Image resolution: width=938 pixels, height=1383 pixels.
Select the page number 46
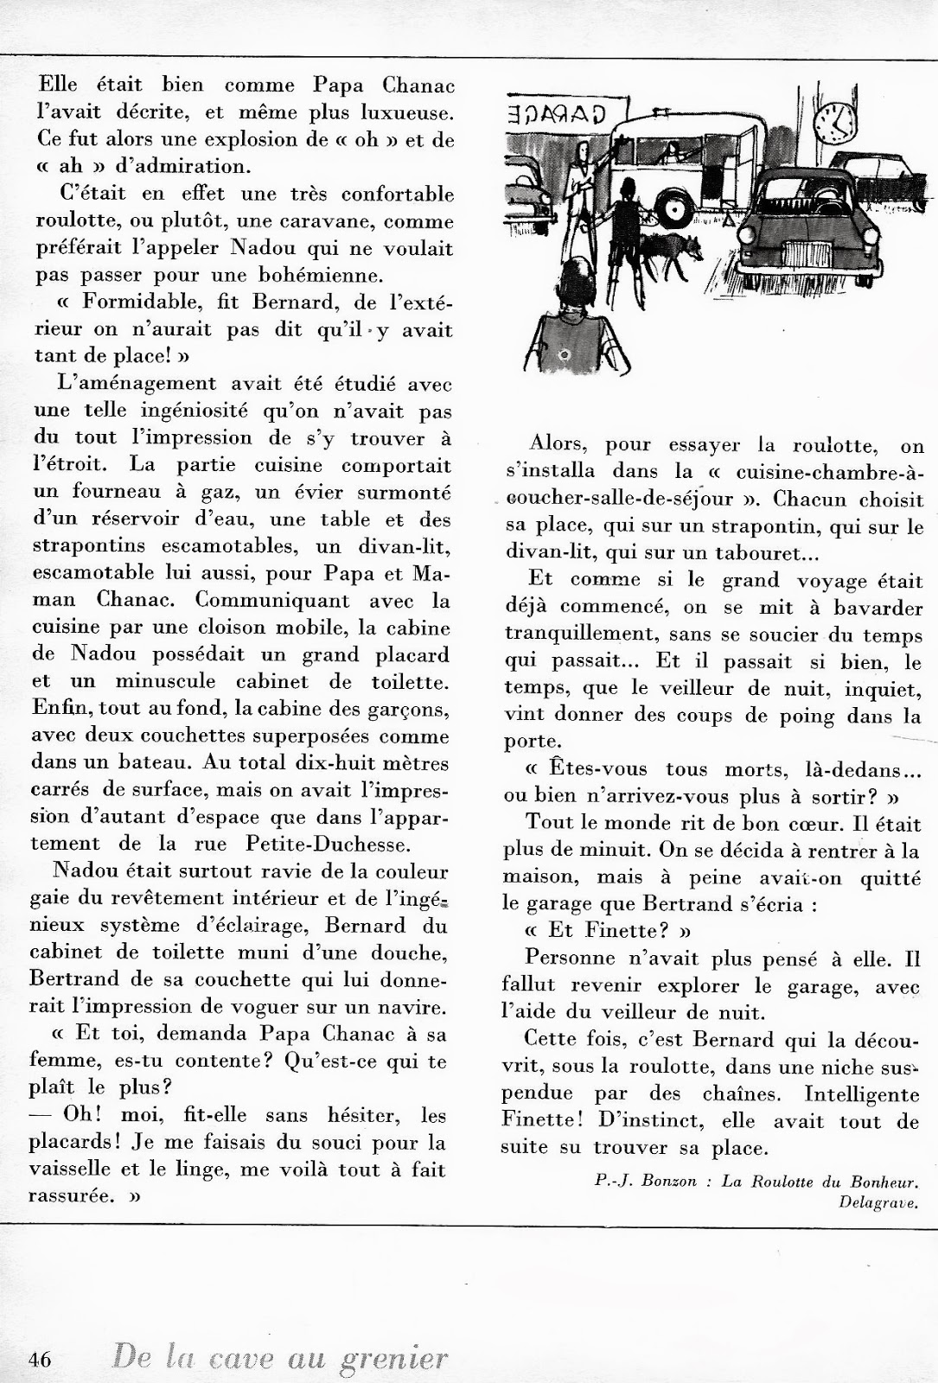pos(41,1359)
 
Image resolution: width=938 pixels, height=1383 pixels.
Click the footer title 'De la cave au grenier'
pos(281,1358)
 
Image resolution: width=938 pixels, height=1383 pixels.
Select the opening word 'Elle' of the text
pos(58,86)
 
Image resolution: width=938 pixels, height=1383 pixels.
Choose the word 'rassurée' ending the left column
pos(75,1197)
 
